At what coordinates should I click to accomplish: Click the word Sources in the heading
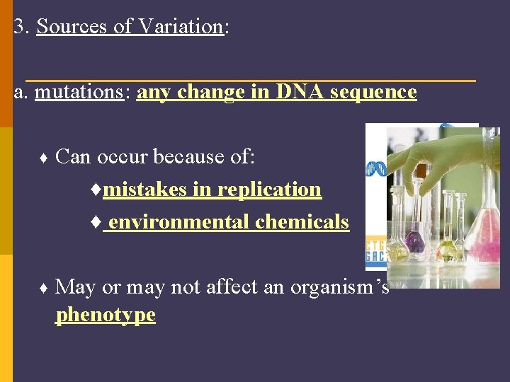point(70,26)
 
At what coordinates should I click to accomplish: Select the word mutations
point(78,92)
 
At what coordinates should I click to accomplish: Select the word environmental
point(178,222)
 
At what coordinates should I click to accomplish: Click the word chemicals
point(302,222)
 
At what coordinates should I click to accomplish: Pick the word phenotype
point(105,315)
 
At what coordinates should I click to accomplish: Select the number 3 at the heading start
point(18,26)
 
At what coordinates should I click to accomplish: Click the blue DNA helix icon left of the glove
point(375,168)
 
